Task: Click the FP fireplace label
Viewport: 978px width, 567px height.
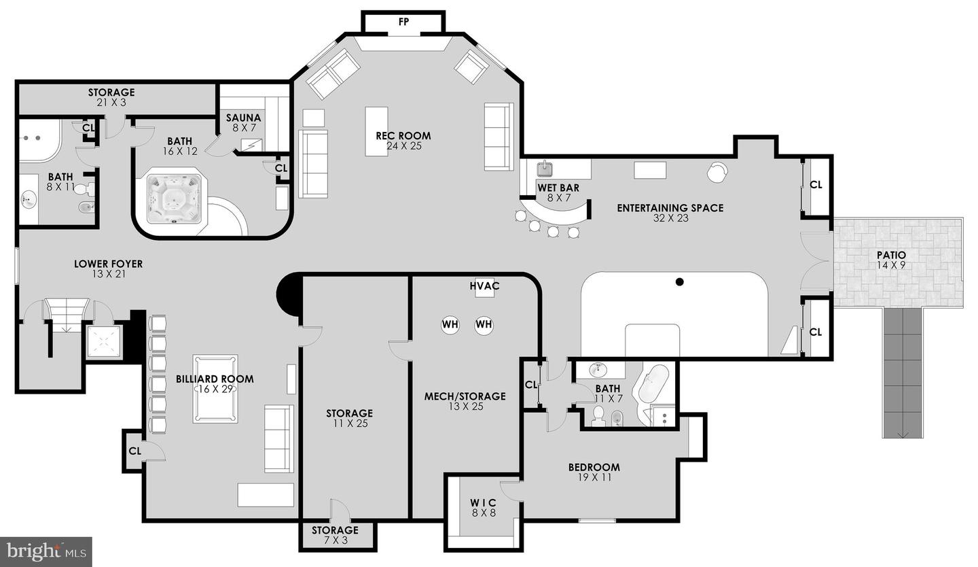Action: [x=403, y=22]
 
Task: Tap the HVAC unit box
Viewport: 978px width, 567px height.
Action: [x=484, y=287]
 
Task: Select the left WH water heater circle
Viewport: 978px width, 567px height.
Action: [x=450, y=324]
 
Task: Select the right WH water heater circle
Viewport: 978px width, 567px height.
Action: [x=484, y=324]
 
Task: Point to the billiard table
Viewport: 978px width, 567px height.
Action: [x=215, y=388]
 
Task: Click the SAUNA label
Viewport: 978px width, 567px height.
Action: [x=243, y=118]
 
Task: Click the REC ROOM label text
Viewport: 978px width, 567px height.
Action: [x=403, y=136]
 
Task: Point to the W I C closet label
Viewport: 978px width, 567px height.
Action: [x=483, y=503]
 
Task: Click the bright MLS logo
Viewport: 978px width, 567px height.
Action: [x=46, y=551]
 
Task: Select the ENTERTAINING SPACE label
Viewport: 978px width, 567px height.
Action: [x=670, y=208]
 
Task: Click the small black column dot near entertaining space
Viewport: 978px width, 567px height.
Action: [x=679, y=281]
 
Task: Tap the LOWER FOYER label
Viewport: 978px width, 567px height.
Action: [x=108, y=264]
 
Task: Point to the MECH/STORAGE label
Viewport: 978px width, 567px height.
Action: [x=465, y=396]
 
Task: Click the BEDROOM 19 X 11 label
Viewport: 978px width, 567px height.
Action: [x=594, y=467]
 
